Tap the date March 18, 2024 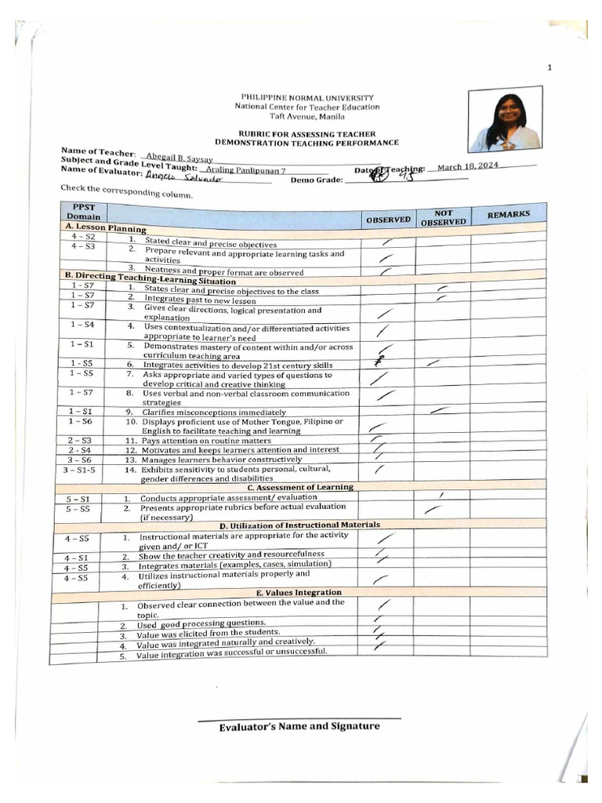[x=468, y=165]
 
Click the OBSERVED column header [x=387, y=220]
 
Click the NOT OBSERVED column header [x=443, y=217]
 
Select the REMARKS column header [x=509, y=214]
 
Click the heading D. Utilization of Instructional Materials [x=299, y=525]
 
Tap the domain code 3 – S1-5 [x=79, y=469]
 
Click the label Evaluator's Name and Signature [x=299, y=726]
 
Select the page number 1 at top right [x=549, y=67]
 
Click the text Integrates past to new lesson [x=200, y=300]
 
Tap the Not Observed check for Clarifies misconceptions [x=441, y=409]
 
